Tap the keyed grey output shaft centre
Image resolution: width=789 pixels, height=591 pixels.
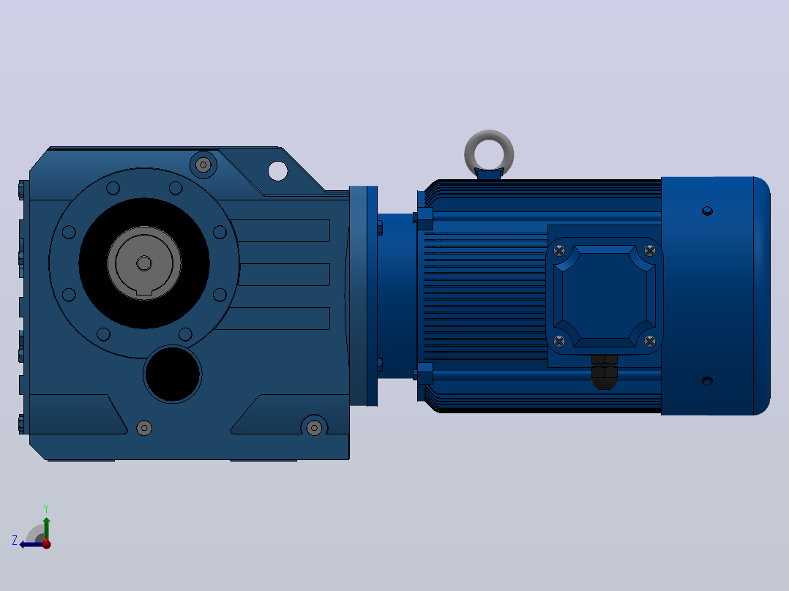[144, 263]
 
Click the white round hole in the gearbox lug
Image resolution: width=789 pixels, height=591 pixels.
[278, 171]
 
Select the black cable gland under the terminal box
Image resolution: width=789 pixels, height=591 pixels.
[605, 372]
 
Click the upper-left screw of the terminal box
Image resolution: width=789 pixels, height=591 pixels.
[559, 250]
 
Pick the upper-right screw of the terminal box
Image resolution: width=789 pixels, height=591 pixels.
[650, 250]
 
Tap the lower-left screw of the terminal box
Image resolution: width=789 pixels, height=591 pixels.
[559, 342]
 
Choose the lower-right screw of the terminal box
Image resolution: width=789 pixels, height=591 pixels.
[650, 342]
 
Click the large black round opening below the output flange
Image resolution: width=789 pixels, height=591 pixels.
[173, 374]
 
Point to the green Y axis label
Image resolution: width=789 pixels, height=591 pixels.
[46, 508]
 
